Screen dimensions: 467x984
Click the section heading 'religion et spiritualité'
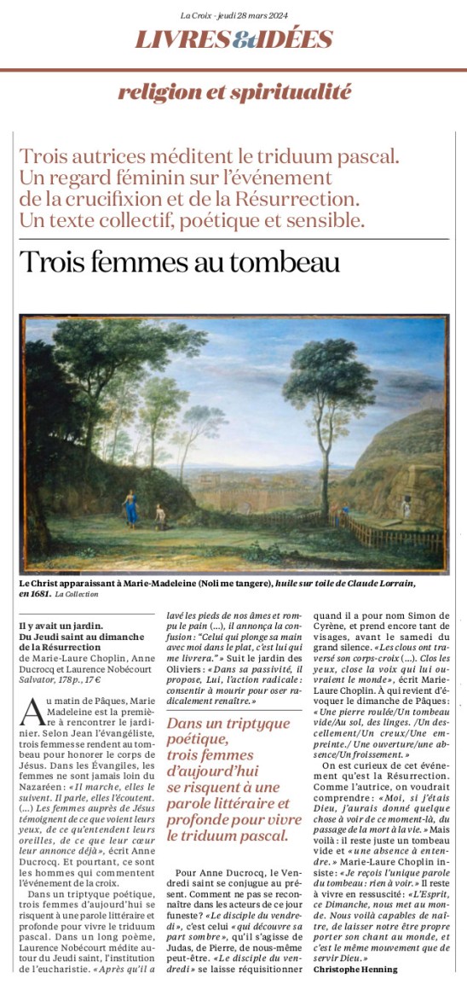233,93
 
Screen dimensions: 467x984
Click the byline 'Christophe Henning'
355,969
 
